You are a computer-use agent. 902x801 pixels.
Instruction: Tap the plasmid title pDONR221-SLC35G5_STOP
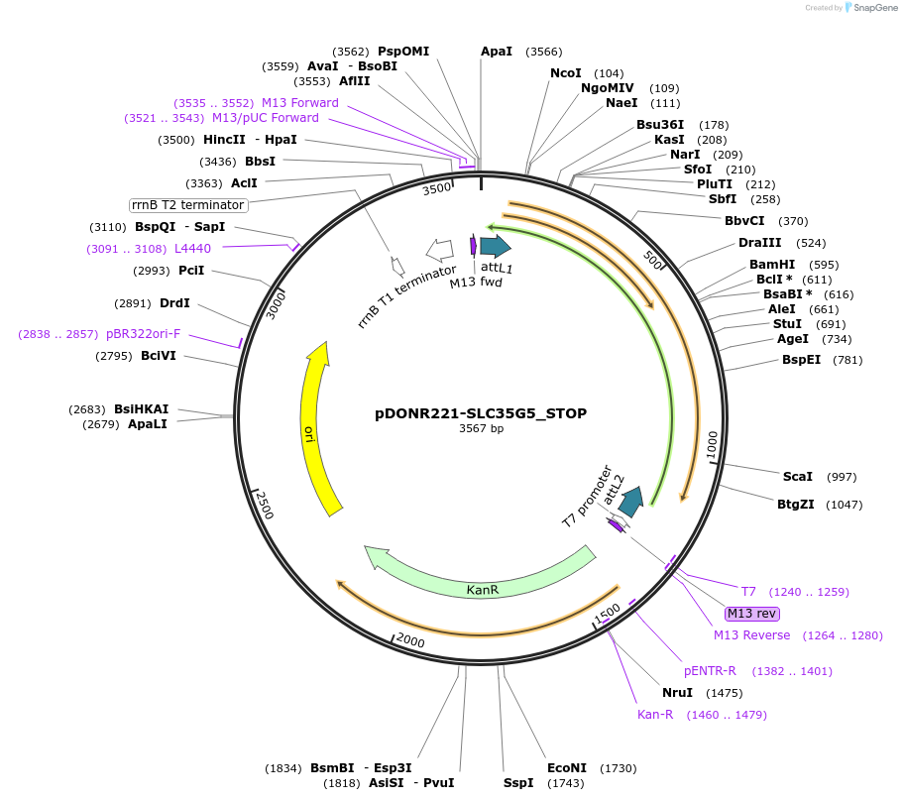pyautogui.click(x=481, y=413)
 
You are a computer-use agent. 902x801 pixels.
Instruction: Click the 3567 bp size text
pyautogui.click(x=481, y=429)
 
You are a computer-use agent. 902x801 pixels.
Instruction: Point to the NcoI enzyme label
pyautogui.click(x=565, y=73)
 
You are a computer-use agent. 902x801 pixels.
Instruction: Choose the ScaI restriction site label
pyautogui.click(x=797, y=477)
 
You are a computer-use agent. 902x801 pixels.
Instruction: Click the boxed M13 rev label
pyautogui.click(x=752, y=613)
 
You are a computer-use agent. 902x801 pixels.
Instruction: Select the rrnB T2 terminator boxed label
pyautogui.click(x=188, y=205)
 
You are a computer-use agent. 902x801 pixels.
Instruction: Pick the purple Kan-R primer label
pyautogui.click(x=655, y=715)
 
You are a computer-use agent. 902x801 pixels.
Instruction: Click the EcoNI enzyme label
pyautogui.click(x=567, y=768)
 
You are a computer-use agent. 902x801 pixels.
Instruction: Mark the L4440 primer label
pyautogui.click(x=192, y=249)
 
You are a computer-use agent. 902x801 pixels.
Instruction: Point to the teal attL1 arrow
pyautogui.click(x=495, y=247)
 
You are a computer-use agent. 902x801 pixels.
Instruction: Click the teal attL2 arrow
pyautogui.click(x=631, y=502)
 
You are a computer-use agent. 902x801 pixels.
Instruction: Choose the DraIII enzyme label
pyautogui.click(x=759, y=243)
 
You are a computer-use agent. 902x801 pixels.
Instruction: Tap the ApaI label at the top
pyautogui.click(x=497, y=52)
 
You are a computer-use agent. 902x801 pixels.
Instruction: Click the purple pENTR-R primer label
pyautogui.click(x=710, y=671)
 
